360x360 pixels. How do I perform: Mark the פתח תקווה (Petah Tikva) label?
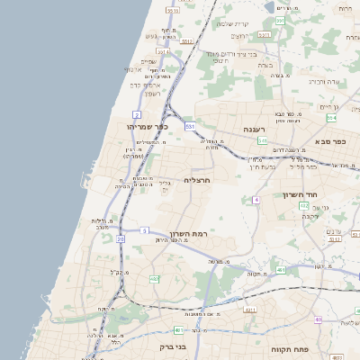click(290, 346)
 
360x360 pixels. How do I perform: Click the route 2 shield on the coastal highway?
click(137, 115)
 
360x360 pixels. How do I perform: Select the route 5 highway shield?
click(144, 230)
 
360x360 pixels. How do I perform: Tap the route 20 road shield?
click(121, 239)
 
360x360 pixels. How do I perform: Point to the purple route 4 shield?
click(256, 199)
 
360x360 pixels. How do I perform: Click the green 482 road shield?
click(154, 279)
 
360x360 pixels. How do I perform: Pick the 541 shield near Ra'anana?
click(262, 141)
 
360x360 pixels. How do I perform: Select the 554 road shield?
click(331, 118)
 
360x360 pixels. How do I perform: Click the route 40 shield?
click(317, 319)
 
